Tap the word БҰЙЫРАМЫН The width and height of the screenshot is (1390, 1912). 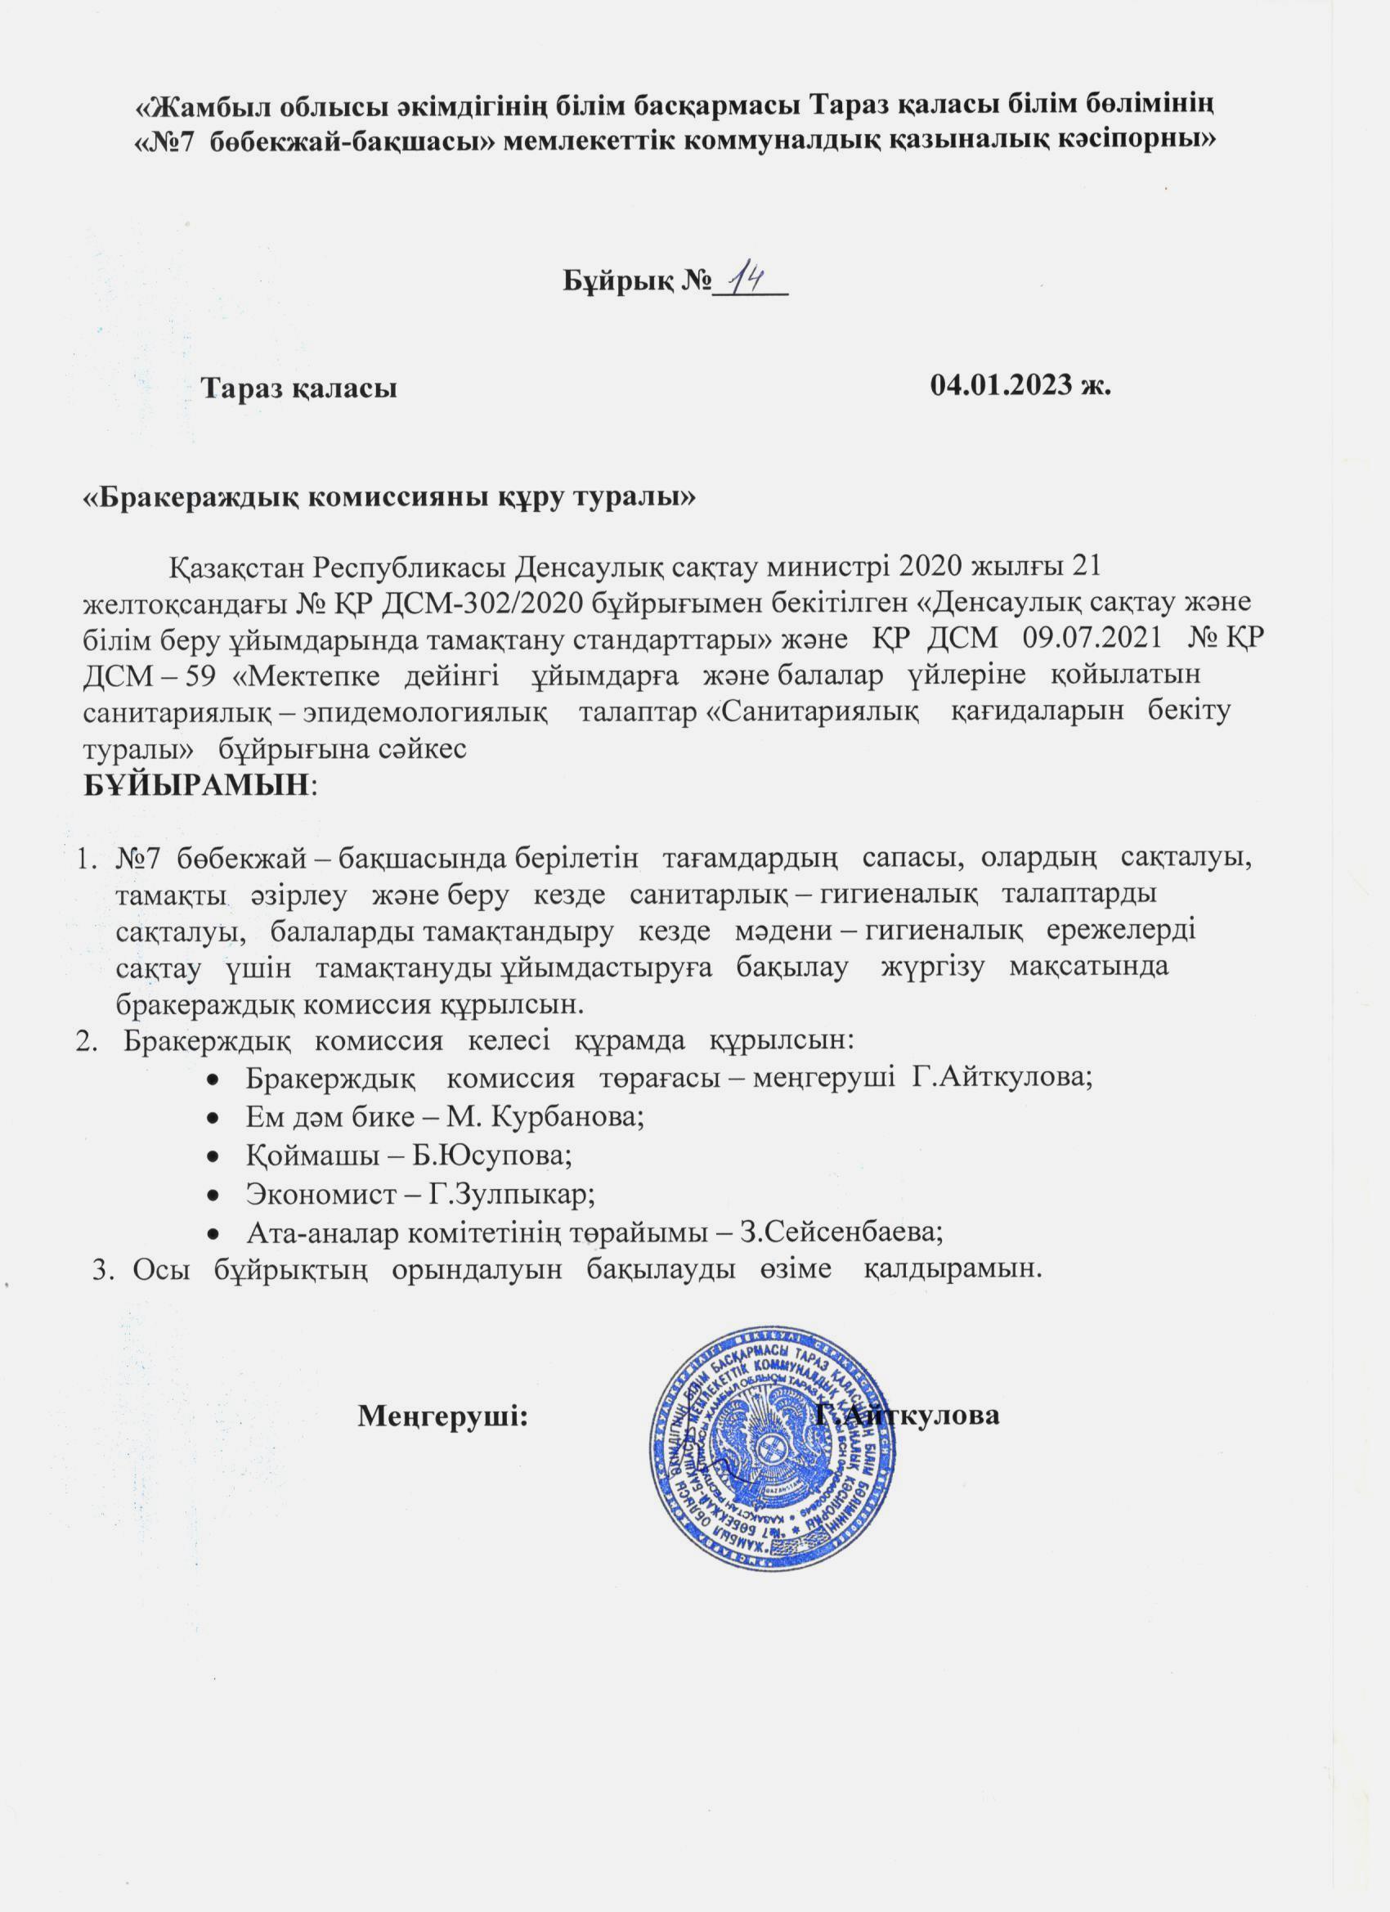[196, 785]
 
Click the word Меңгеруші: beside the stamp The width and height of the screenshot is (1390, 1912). [442, 1415]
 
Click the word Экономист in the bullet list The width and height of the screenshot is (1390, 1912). [304, 1193]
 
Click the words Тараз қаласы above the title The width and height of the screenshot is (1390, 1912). [299, 388]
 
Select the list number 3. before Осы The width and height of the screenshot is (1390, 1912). [104, 1271]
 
